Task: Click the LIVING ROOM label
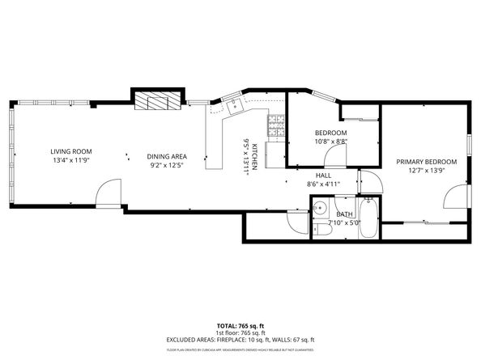point(70,151)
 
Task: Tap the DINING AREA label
point(167,156)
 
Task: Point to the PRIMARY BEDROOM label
point(426,161)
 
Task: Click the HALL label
point(323,175)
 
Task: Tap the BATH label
point(333,214)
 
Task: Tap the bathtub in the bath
point(368,218)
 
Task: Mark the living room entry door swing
point(107,194)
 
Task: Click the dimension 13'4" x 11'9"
point(70,161)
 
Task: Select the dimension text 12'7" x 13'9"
point(426,171)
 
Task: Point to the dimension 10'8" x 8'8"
point(330,142)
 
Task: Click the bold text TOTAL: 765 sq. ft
point(240,324)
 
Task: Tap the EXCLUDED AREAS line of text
point(240,340)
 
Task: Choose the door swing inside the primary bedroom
point(454,197)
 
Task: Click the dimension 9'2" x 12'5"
point(167,166)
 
